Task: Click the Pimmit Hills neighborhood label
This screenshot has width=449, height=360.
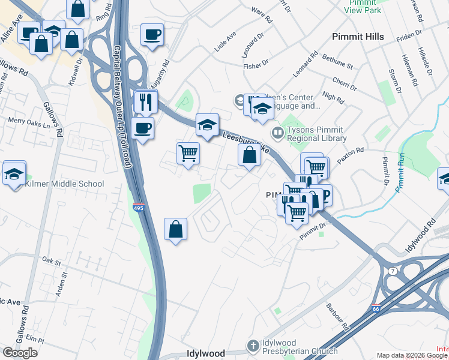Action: click(358, 37)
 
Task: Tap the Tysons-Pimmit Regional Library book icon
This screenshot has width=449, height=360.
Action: click(277, 132)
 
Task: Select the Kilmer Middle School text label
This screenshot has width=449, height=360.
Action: click(64, 184)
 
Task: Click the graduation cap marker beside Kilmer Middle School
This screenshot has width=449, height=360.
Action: click(14, 174)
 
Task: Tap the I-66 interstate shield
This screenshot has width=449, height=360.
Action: click(375, 308)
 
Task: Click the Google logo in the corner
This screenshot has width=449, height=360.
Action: click(20, 352)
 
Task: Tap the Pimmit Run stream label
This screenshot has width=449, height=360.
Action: click(400, 174)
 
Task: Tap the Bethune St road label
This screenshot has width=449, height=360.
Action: click(337, 61)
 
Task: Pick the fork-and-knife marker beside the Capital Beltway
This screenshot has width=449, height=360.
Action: click(146, 102)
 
